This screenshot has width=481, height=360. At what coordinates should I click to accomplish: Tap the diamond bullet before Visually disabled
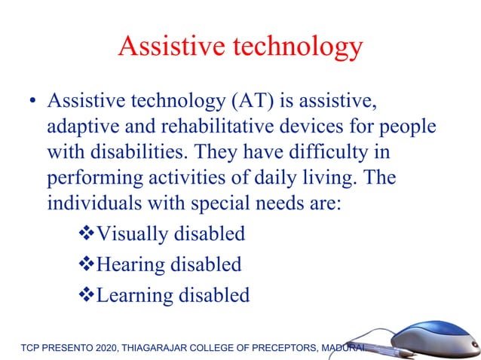[x=86, y=234]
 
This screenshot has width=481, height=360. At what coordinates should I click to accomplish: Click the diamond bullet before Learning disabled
[x=86, y=294]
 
